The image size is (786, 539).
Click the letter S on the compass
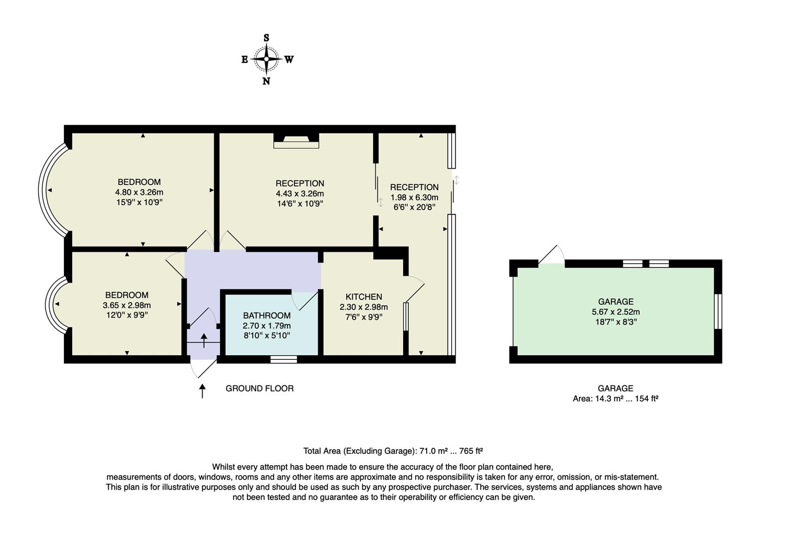266,38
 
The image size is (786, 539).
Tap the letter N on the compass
266,81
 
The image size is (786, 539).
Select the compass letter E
245,59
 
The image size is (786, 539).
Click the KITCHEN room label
364,297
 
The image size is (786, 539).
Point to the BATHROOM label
266,315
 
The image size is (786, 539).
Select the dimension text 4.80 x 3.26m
139,192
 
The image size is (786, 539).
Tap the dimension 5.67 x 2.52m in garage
616,312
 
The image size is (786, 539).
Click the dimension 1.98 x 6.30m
414,197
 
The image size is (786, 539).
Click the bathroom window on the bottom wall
283,359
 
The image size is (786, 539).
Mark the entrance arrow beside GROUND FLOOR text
202,391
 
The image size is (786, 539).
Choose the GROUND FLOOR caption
260,388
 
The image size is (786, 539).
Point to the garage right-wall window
718,311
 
